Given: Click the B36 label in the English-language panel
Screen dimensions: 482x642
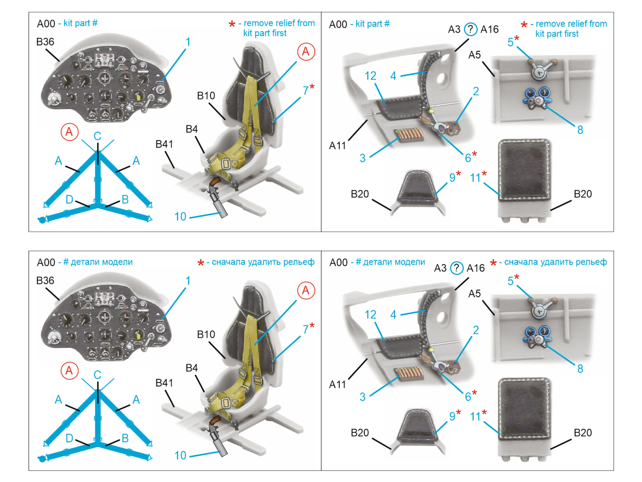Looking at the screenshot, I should pyautogui.click(x=45, y=42).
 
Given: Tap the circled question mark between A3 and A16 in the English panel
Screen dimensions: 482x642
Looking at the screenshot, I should pyautogui.click(x=470, y=29).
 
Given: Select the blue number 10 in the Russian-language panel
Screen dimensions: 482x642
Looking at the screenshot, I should pyautogui.click(x=180, y=455).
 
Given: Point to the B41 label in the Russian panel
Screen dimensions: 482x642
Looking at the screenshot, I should pyautogui.click(x=164, y=383).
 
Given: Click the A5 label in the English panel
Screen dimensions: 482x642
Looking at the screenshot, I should pyautogui.click(x=474, y=55).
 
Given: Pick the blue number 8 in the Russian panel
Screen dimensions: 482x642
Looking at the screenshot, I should pyautogui.click(x=580, y=368).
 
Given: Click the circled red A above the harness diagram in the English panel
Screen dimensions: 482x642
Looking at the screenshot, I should pyautogui.click(x=69, y=132).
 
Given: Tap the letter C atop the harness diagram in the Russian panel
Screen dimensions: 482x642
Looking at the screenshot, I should pyautogui.click(x=97, y=375).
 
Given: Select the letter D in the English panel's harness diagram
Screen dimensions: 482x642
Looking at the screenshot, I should pyautogui.click(x=69, y=200).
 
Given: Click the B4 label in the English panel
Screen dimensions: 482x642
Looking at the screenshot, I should pyautogui.click(x=191, y=129).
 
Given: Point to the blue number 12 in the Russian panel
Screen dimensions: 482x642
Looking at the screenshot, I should pyautogui.click(x=370, y=315).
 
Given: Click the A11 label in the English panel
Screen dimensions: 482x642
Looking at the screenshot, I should pyautogui.click(x=337, y=145).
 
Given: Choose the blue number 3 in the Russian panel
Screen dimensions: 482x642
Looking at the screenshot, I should pyautogui.click(x=362, y=397).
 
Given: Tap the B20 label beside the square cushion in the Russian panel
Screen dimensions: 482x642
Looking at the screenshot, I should pyautogui.click(x=583, y=433).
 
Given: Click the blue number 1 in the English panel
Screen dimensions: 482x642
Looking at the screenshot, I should pyautogui.click(x=188, y=42).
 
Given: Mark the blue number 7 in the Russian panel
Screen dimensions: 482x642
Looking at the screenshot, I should pyautogui.click(x=306, y=329).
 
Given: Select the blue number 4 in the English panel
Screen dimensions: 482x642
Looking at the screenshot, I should pyautogui.click(x=393, y=76).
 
